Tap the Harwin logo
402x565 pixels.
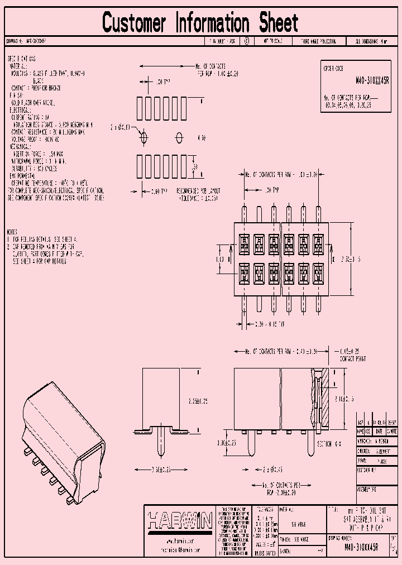180,522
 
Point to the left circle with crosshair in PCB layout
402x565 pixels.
143,137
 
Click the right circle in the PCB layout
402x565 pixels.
180,137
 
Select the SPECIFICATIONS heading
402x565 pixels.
21,59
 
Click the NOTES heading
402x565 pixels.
13,231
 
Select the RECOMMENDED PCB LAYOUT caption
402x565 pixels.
199,191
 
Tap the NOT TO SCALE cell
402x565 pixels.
273,41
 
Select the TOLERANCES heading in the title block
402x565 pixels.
262,509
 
